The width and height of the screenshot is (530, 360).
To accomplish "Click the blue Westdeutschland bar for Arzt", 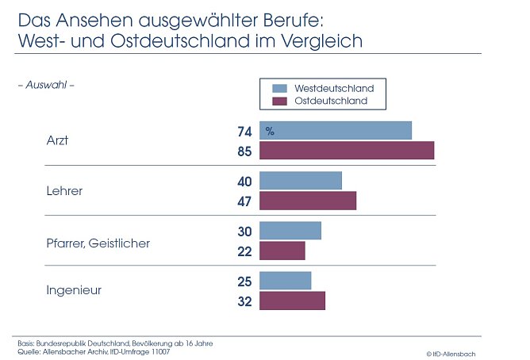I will point(336,130).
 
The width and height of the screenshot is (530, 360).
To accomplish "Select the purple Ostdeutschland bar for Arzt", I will point(347,150).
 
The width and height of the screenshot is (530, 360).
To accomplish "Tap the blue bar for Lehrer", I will point(301,181).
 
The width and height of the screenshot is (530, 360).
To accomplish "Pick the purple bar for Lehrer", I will point(308,201).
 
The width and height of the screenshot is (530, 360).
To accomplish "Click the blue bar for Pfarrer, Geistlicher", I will point(290,231).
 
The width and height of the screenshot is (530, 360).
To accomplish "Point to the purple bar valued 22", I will point(282,251).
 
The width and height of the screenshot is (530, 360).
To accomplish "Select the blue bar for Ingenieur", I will point(286,281).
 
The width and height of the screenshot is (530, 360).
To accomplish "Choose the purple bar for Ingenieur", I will point(293,301).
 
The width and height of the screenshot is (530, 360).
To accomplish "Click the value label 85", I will point(244,151).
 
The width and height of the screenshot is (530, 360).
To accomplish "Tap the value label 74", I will point(244,131).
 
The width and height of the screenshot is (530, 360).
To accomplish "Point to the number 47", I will point(244,201).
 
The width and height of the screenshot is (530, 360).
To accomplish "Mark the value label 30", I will point(244,232).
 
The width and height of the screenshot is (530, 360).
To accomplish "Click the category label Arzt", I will point(58,140).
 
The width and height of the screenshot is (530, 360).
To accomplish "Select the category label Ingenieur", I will point(74,291).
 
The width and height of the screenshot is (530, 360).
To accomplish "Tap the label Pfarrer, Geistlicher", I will point(98,243).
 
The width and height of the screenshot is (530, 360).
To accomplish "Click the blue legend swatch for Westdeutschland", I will point(278,88).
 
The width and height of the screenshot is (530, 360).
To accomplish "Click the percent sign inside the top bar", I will point(270,131).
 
